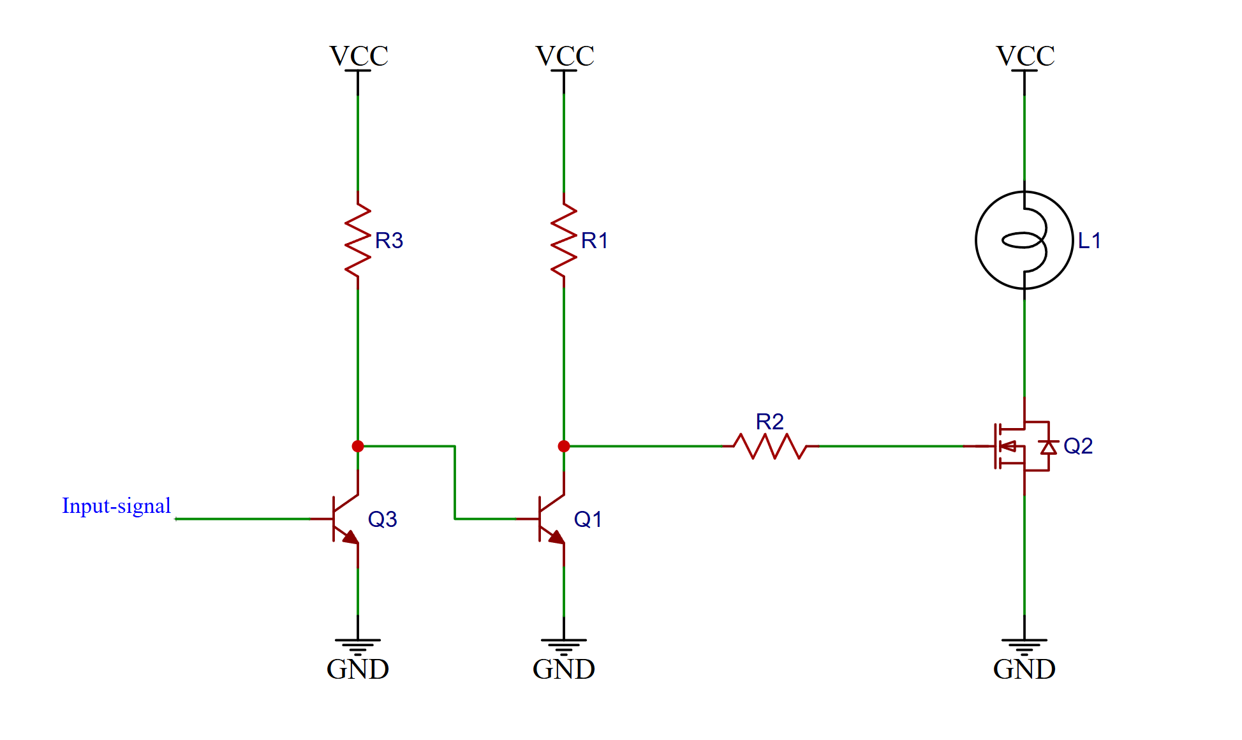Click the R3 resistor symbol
point(358,240)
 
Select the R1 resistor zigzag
point(564,240)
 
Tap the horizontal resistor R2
point(770,446)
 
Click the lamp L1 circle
point(1024,240)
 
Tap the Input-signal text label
point(116,506)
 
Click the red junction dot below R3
point(358,446)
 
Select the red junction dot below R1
point(564,446)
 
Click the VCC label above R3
point(359,56)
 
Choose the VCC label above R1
point(565,56)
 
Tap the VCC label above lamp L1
point(1025,56)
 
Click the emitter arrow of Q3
point(351,537)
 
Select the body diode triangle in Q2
point(1048,447)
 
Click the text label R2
point(769,422)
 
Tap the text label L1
point(1090,241)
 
